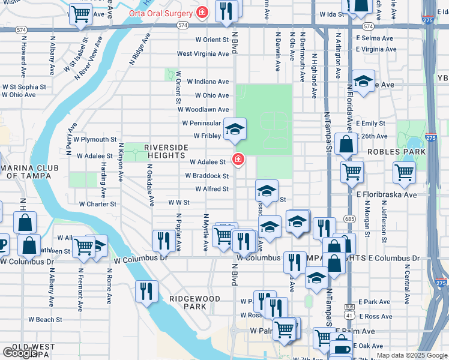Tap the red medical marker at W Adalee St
pyautogui.click(x=238, y=160)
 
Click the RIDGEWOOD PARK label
pyautogui.click(x=188, y=302)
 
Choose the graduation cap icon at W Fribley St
pyautogui.click(x=235, y=128)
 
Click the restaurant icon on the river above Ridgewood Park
pyautogui.click(x=146, y=292)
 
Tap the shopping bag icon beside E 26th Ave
pyautogui.click(x=348, y=144)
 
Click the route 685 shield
pyautogui.click(x=349, y=219)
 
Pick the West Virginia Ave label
pyautogui.click(x=203, y=53)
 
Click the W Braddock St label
pyautogui.click(x=206, y=176)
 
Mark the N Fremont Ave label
pyautogui.click(x=80, y=290)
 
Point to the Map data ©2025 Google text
pyautogui.click(x=412, y=355)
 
